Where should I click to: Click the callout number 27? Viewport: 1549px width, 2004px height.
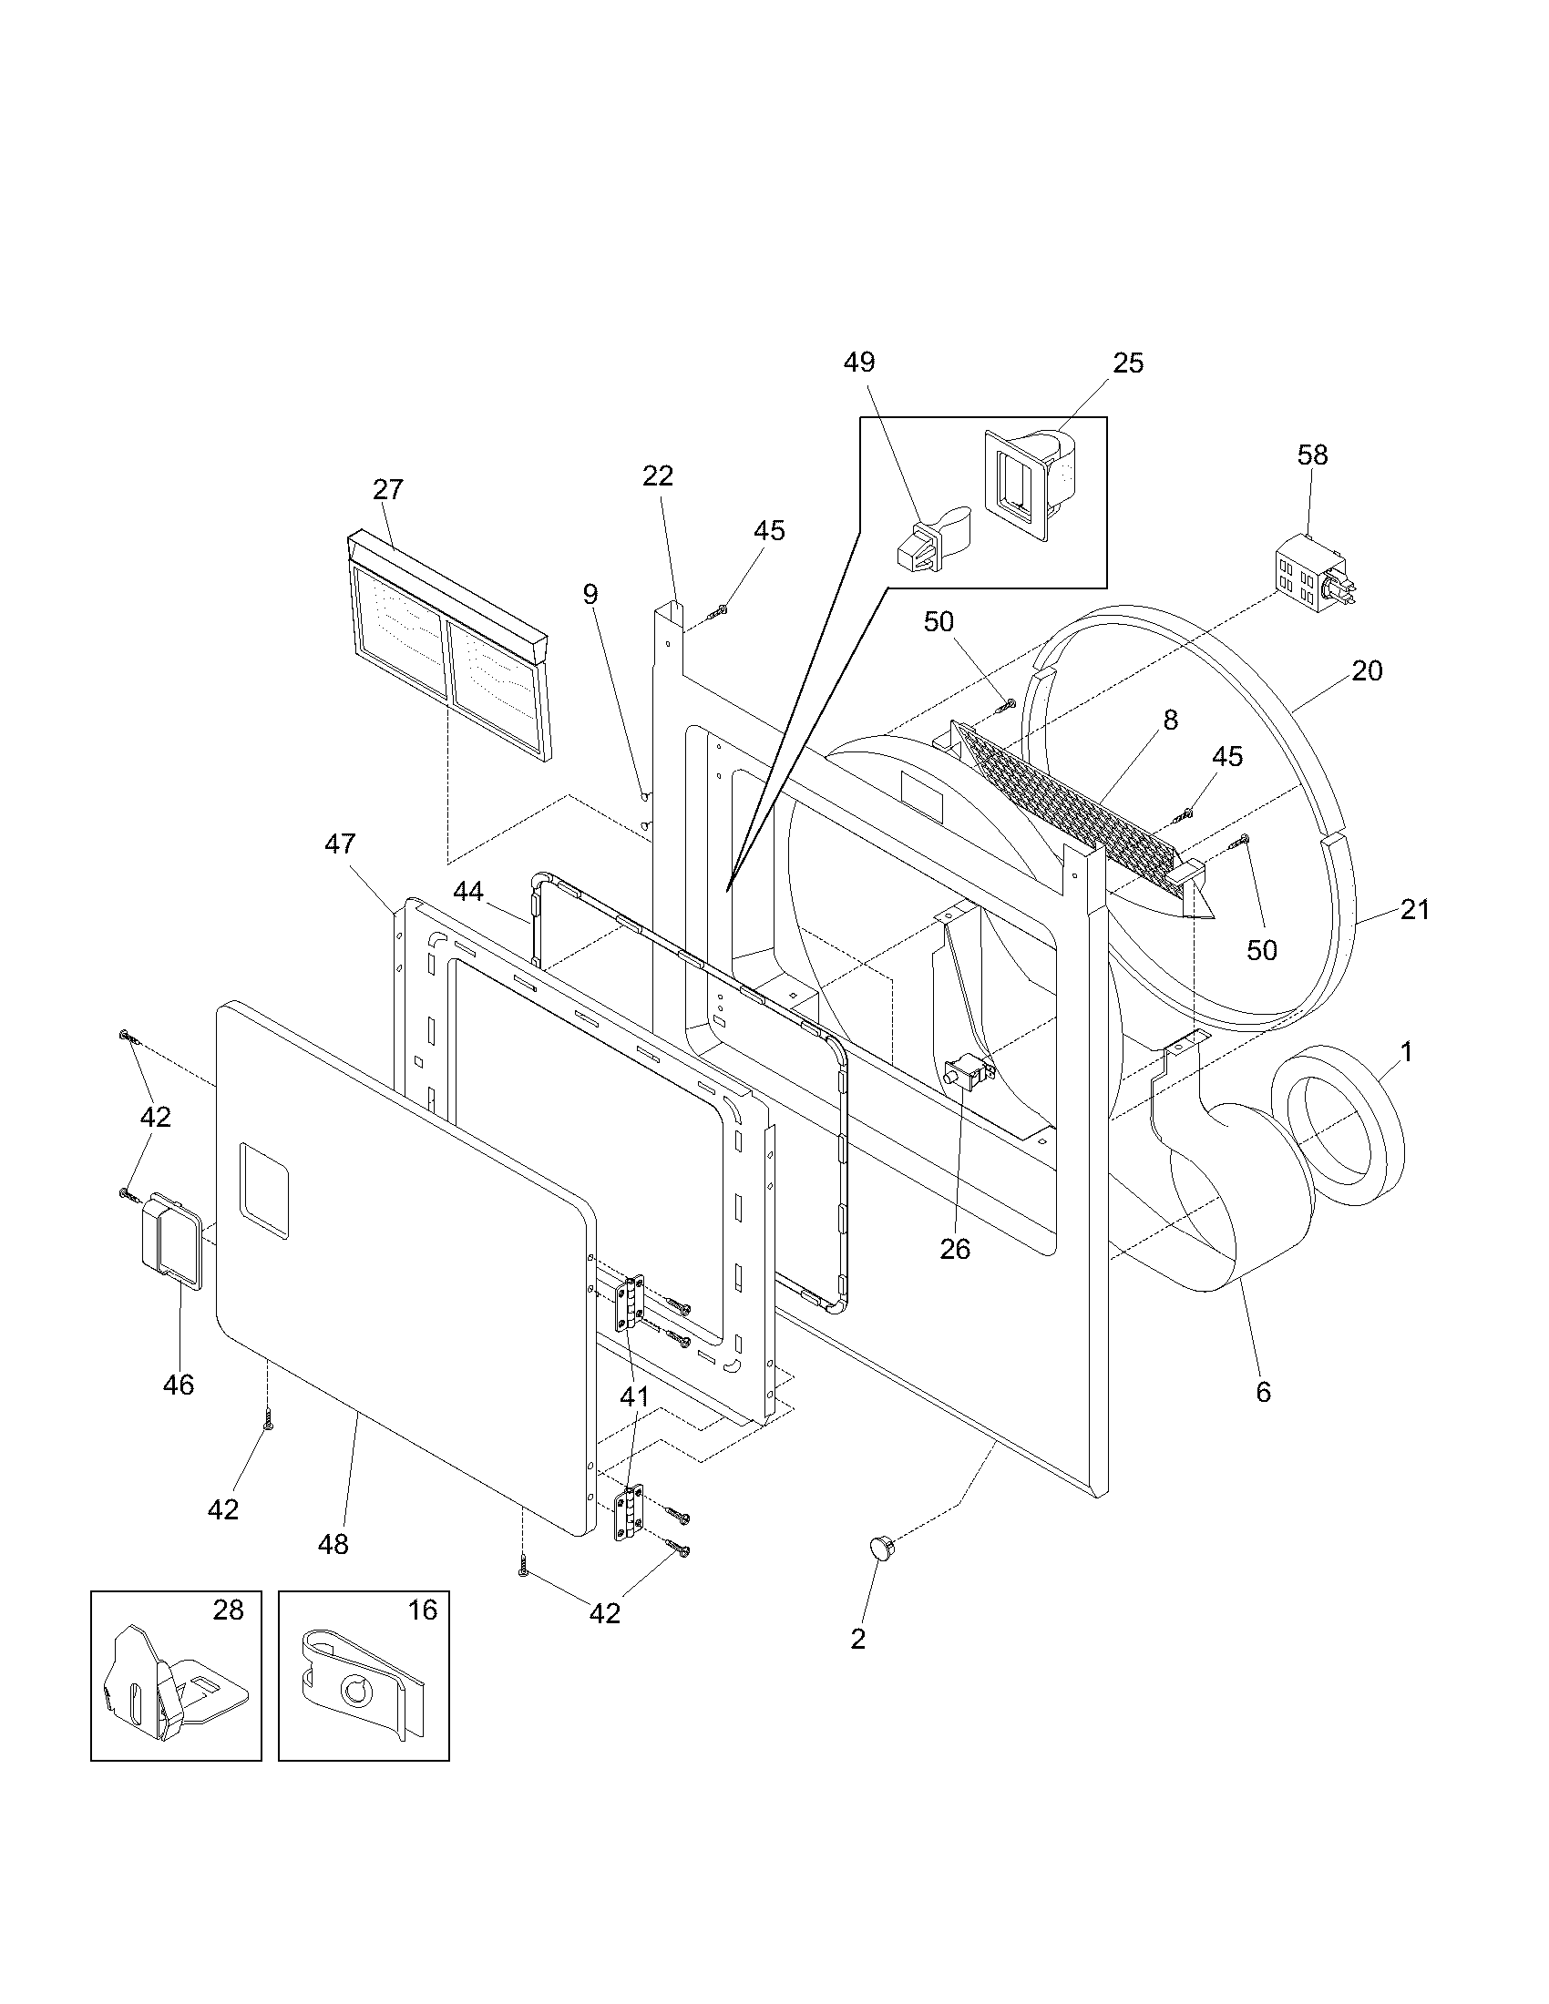[x=388, y=489]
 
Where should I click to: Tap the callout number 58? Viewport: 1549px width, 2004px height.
[x=1312, y=455]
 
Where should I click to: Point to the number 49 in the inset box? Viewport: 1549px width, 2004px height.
[x=859, y=363]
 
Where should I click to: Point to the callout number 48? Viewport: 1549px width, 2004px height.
[x=333, y=1544]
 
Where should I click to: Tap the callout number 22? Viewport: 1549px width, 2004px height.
[x=658, y=475]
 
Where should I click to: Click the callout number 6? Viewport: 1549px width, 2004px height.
[x=1263, y=1392]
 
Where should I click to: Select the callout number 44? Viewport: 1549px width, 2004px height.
[x=468, y=891]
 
